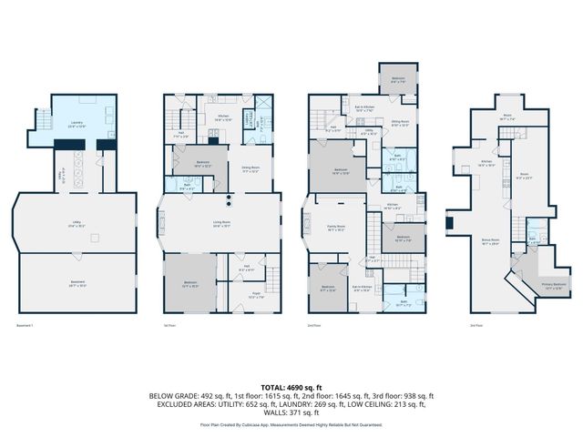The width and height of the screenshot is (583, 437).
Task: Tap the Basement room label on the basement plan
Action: pyautogui.click(x=78, y=283)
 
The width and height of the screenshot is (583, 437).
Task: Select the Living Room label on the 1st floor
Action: pyautogui.click(x=220, y=223)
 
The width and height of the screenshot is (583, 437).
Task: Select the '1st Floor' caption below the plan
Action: pyautogui.click(x=169, y=324)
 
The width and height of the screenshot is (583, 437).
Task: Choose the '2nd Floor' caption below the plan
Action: pyautogui.click(x=315, y=324)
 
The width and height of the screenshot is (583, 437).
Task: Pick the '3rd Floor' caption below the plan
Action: pyautogui.click(x=476, y=324)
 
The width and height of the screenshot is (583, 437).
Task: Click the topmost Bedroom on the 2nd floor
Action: pyautogui.click(x=398, y=79)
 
